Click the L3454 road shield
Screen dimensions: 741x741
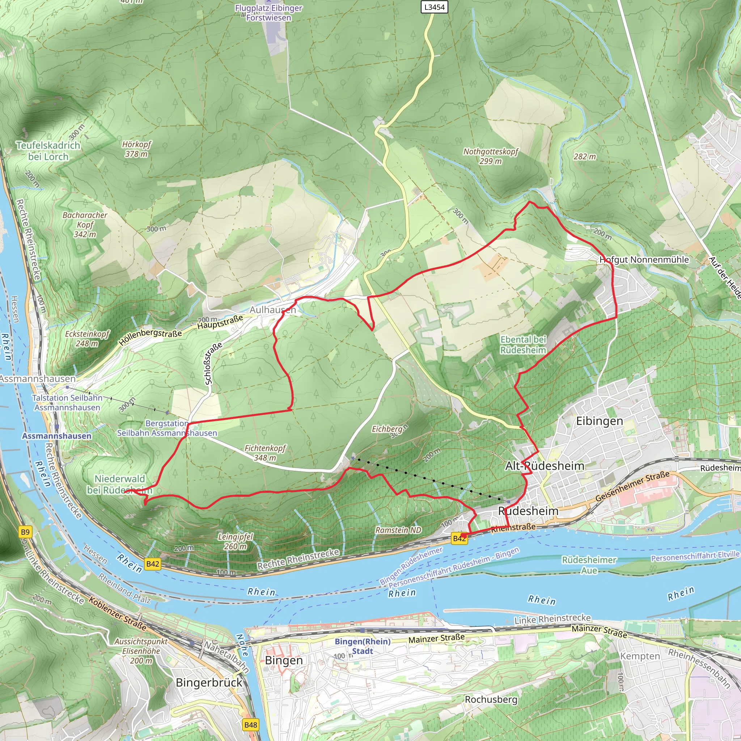[x=434, y=7]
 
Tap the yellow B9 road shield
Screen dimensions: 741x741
[x=25, y=532]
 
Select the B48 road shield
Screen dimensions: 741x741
[x=250, y=725]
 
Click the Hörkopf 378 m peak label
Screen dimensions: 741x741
[x=136, y=149]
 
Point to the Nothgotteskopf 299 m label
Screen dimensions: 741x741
[x=490, y=156]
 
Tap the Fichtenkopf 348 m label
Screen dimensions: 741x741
[x=265, y=453]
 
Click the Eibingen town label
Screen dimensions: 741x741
[x=599, y=421]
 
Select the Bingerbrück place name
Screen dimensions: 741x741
[x=209, y=683]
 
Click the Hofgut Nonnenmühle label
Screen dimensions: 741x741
[x=644, y=260]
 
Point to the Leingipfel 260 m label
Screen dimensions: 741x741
[x=235, y=541]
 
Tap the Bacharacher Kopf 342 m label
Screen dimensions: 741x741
[x=85, y=224]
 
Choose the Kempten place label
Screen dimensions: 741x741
[x=640, y=656]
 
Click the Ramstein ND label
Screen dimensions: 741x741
[x=398, y=530]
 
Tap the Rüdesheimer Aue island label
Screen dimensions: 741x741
[x=589, y=565]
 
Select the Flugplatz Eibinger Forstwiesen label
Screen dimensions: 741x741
[x=268, y=13]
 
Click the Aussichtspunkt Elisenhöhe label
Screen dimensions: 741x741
[x=141, y=651]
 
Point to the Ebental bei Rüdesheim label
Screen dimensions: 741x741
[x=523, y=344]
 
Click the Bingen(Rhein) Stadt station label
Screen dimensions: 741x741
[x=363, y=646]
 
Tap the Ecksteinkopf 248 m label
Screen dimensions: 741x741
[x=87, y=339]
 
